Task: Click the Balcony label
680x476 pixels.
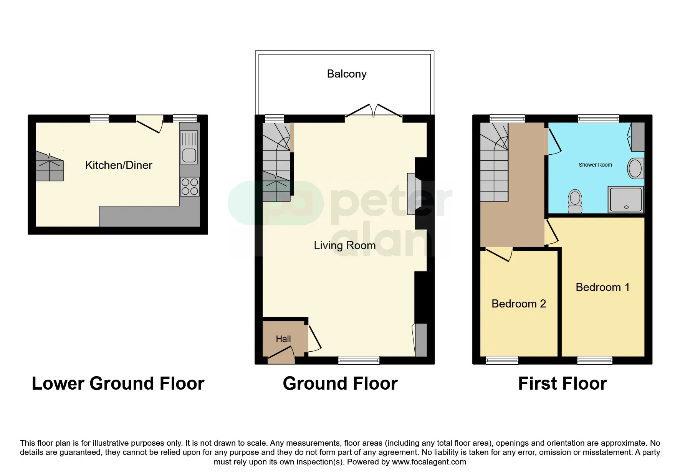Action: pyautogui.click(x=347, y=74)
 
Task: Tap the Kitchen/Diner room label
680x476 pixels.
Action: pyautogui.click(x=119, y=165)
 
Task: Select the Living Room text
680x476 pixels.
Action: pyautogui.click(x=345, y=245)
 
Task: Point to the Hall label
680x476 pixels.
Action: pyautogui.click(x=283, y=339)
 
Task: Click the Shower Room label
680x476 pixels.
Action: pyautogui.click(x=595, y=165)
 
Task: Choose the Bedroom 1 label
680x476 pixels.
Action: pyautogui.click(x=602, y=287)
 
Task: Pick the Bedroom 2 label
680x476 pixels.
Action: pyautogui.click(x=519, y=304)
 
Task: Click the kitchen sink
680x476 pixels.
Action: pyautogui.click(x=189, y=147)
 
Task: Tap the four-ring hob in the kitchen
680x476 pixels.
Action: pyautogui.click(x=190, y=186)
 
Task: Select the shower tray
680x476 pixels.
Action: pyautogui.click(x=625, y=199)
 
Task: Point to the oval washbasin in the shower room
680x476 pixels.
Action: pyautogui.click(x=635, y=168)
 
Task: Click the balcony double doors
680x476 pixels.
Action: pyautogui.click(x=374, y=110)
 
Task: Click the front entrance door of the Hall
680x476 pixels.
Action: pyautogui.click(x=281, y=355)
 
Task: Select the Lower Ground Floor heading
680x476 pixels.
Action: pyautogui.click(x=118, y=383)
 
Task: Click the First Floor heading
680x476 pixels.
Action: pyautogui.click(x=563, y=383)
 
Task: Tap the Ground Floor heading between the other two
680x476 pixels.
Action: pyautogui.click(x=340, y=383)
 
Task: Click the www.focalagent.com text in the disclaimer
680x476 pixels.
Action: pyautogui.click(x=429, y=462)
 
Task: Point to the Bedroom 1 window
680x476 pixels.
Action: pyautogui.click(x=595, y=360)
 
